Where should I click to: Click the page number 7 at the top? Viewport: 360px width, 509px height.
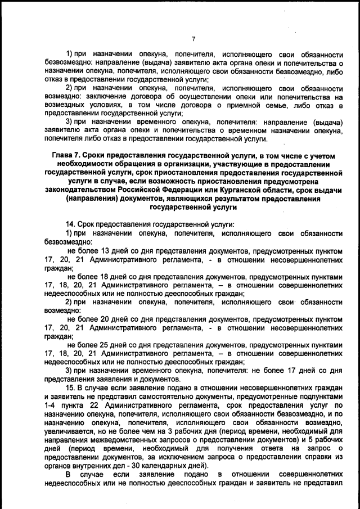coord(193,39)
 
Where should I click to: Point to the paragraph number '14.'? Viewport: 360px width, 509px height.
coord(72,224)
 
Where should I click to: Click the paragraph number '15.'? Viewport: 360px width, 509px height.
coord(71,388)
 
